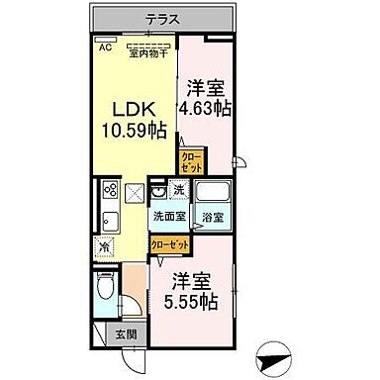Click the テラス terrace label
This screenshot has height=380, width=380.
click(x=165, y=19)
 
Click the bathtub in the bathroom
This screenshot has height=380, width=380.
click(x=212, y=193)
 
